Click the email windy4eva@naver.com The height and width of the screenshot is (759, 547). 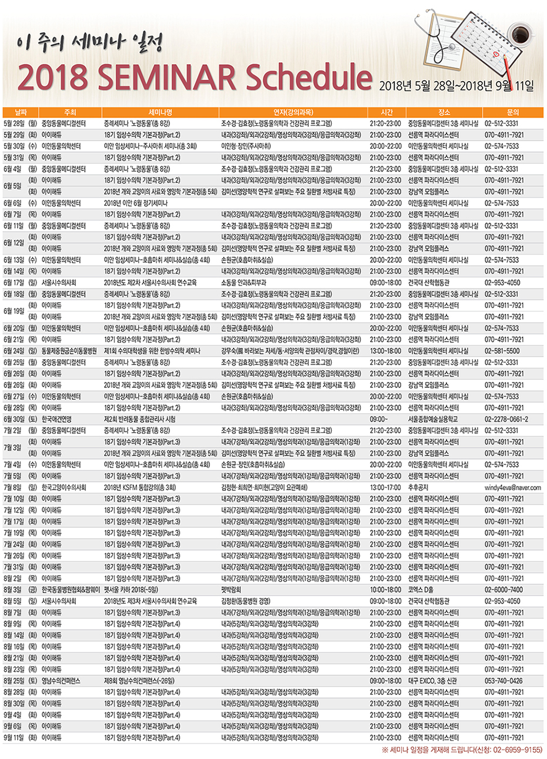coord(512,487)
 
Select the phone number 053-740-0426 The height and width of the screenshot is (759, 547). coord(503,681)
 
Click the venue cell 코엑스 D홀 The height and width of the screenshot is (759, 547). coord(421,590)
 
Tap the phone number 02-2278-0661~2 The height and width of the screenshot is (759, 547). coord(506,419)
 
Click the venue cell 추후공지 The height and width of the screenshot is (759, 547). coord(419,487)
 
